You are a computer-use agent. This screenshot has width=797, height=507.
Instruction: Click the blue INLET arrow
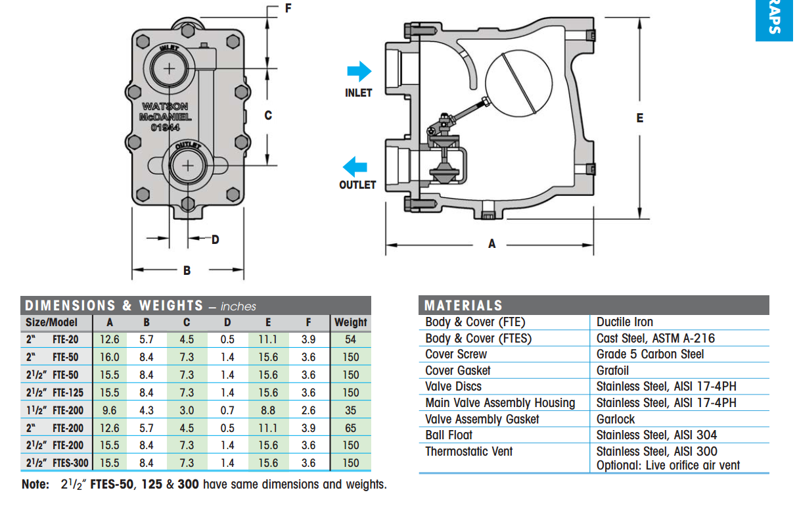tap(359, 72)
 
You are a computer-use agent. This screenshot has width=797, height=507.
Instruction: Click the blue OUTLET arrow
tap(357, 166)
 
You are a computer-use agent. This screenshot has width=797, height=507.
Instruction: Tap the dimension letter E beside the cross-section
tap(639, 118)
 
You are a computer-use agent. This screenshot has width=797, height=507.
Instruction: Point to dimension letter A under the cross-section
tap(492, 244)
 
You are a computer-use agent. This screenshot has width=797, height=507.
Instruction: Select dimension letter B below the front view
tap(187, 270)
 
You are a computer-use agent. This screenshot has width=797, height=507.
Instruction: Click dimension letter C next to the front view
tap(267, 116)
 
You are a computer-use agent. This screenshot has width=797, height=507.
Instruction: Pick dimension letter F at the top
tap(288, 9)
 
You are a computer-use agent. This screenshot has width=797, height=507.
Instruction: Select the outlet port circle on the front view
tap(187, 165)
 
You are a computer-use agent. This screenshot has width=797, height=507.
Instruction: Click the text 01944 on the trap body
tap(165, 128)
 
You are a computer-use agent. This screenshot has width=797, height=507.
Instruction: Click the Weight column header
tap(350, 322)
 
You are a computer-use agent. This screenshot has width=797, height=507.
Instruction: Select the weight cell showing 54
tap(350, 340)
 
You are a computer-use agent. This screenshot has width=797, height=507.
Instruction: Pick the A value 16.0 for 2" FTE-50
tap(109, 357)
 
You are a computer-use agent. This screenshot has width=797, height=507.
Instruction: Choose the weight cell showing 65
tap(350, 428)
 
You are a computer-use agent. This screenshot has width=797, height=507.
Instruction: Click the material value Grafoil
tap(612, 370)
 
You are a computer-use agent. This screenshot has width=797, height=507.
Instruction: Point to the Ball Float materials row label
tap(449, 435)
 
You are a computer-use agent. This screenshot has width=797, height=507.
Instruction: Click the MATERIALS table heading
tap(463, 305)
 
